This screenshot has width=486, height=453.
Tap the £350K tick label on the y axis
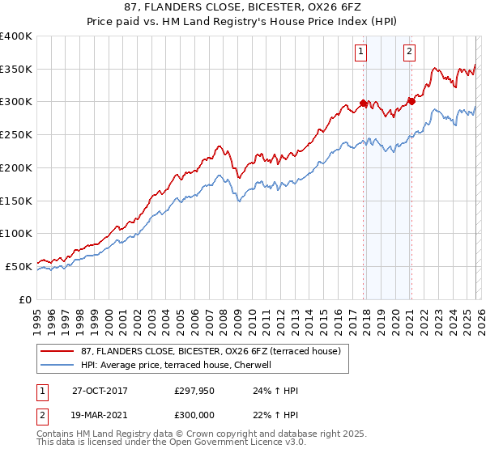tap(15, 70)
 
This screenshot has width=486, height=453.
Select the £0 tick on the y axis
tap(25, 299)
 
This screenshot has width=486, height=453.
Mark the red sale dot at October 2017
tap(363, 103)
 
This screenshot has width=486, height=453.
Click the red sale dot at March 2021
tap(411, 101)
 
